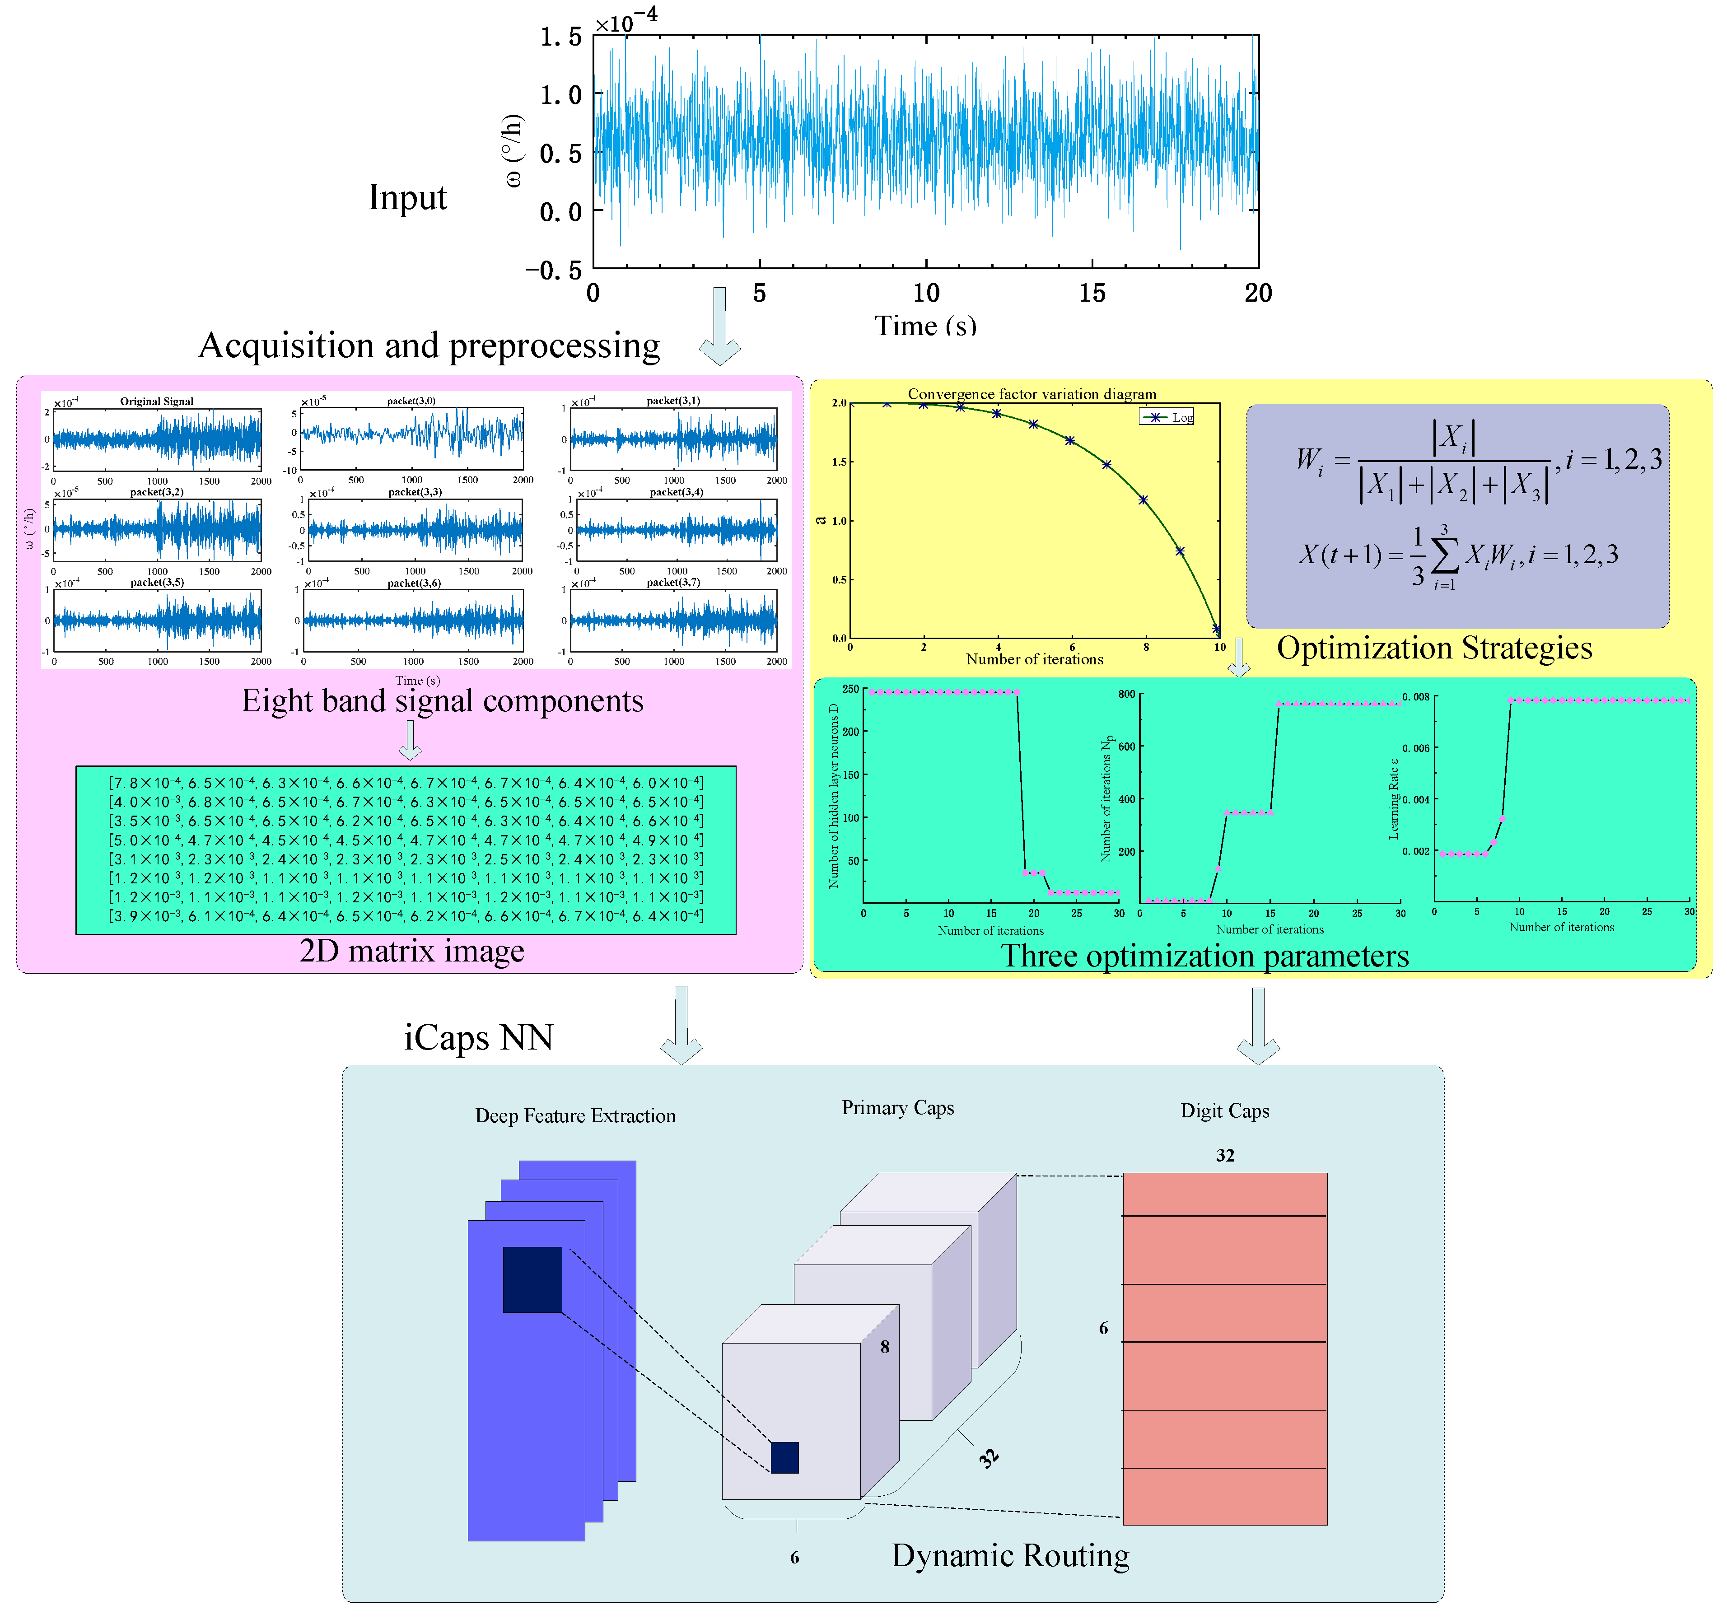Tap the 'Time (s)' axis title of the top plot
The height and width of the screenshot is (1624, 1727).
925,326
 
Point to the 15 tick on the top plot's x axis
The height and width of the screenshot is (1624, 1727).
1092,294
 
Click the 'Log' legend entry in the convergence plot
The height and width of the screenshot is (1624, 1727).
1181,418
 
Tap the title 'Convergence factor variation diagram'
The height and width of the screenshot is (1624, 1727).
1032,394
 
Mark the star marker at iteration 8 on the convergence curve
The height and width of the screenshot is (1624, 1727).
1143,499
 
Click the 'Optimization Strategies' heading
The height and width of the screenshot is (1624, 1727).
1434,648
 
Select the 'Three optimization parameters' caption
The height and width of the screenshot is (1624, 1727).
1204,956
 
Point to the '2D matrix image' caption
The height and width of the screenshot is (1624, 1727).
412,951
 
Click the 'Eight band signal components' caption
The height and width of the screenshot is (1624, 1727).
442,701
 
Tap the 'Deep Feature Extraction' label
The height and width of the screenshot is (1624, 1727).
575,1115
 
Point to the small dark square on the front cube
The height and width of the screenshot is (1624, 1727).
784,1457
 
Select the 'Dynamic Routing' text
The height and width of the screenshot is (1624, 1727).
1010,1555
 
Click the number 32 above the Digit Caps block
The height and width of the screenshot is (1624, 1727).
1225,1156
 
